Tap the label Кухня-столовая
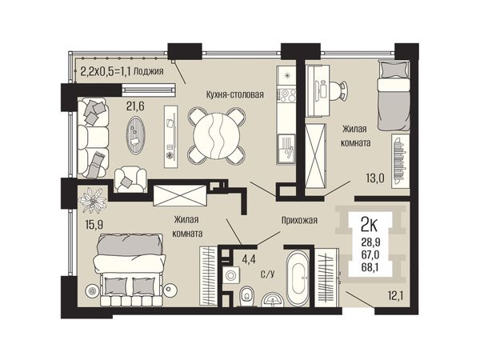[234, 94]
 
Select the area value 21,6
[135, 106]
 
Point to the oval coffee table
[135, 135]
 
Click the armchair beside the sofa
[130, 179]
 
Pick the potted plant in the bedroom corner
[93, 200]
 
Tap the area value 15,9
[94, 225]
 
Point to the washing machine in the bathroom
[230, 274]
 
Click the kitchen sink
[286, 150]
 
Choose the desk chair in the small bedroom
[341, 90]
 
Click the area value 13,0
[375, 178]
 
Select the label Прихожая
[299, 220]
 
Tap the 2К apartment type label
[369, 226]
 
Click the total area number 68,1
[370, 267]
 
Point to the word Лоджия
[149, 71]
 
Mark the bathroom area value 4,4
[248, 259]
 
